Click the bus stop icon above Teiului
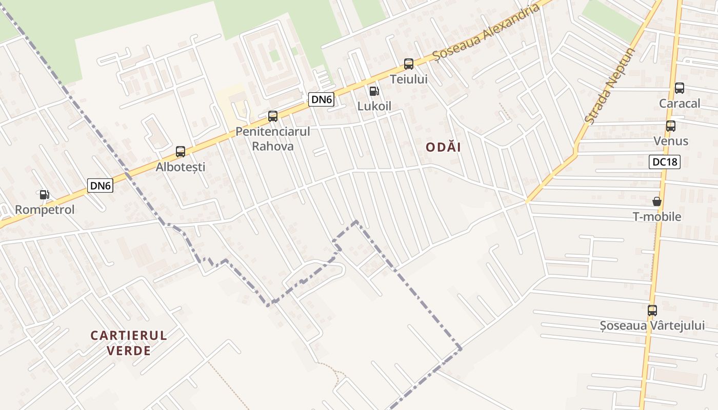[409, 64]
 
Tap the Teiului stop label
[409, 79]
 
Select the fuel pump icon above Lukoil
[374, 91]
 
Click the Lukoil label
[374, 106]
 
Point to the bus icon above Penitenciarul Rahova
[273, 116]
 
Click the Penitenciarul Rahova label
[273, 139]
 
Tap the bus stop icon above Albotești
[181, 152]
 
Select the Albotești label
[181, 167]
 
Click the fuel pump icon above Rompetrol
[45, 195]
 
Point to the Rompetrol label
[45, 210]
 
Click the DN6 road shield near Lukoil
[322, 99]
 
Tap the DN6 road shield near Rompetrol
[100, 186]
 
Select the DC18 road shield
[664, 162]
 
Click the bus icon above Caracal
[680, 88]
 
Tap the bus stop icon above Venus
[671, 126]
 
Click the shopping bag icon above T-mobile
[657, 201]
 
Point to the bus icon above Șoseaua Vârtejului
[652, 311]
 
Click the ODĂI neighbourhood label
[444, 148]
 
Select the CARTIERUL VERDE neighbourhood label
[129, 343]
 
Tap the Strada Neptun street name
[610, 86]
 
